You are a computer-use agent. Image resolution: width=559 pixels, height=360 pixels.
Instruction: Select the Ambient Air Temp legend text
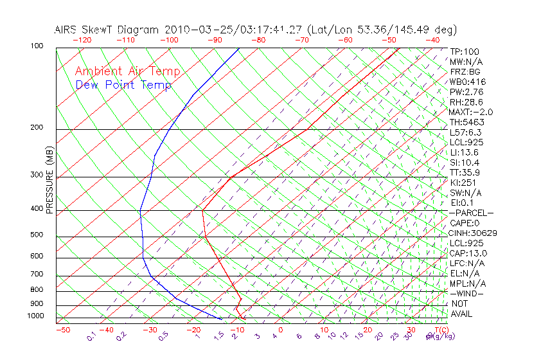(127, 71)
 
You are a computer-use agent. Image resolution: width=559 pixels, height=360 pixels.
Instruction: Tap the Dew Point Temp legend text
(123, 85)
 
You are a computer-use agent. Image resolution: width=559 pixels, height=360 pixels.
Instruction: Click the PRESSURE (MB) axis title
(49, 181)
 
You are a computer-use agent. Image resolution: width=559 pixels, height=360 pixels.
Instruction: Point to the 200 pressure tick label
(37, 127)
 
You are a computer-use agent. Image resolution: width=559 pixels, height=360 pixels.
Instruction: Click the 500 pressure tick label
(37, 235)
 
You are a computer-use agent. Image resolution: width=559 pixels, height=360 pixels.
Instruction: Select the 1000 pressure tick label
(35, 316)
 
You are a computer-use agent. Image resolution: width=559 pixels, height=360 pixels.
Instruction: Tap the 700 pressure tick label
(37, 274)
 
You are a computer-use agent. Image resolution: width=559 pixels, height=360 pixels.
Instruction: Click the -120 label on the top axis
(81, 40)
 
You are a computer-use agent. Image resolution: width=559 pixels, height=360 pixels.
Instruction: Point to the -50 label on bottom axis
(62, 330)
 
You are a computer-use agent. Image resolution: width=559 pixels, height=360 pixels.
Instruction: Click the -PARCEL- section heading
(471, 213)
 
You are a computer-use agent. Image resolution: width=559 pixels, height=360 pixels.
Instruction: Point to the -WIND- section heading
(467, 293)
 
